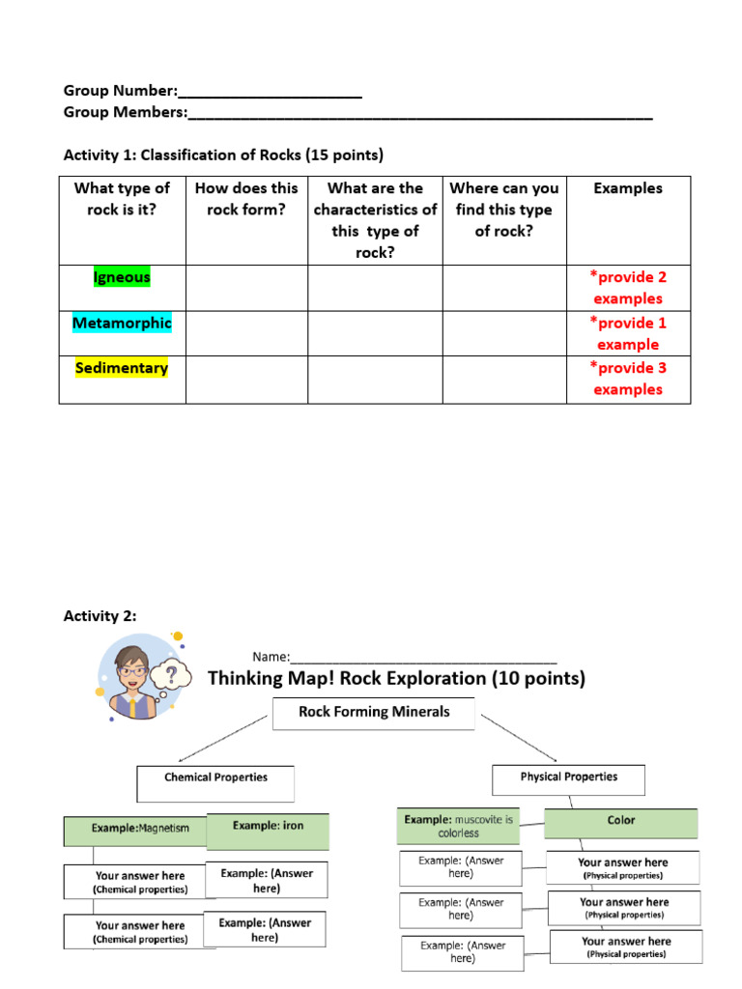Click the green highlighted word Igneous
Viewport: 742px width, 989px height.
point(122,277)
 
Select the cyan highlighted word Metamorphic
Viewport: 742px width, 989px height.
point(122,323)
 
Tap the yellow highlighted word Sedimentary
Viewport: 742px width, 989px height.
point(122,368)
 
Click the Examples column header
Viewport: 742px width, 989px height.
point(628,188)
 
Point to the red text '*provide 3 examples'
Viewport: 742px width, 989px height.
point(628,379)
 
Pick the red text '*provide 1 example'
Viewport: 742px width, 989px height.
point(628,333)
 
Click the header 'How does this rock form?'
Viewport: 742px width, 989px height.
point(246,198)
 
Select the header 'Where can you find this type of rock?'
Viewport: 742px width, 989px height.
point(504,210)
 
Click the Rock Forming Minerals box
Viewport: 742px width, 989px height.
point(374,714)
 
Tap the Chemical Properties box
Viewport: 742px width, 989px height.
point(215,783)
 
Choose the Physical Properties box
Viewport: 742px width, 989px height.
point(568,778)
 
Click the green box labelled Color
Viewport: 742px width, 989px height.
point(621,822)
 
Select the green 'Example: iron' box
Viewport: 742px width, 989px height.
point(268,830)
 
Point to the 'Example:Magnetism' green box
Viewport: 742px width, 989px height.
point(135,830)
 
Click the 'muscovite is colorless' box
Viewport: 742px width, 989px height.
point(458,827)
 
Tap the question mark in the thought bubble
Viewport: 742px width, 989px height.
point(172,672)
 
